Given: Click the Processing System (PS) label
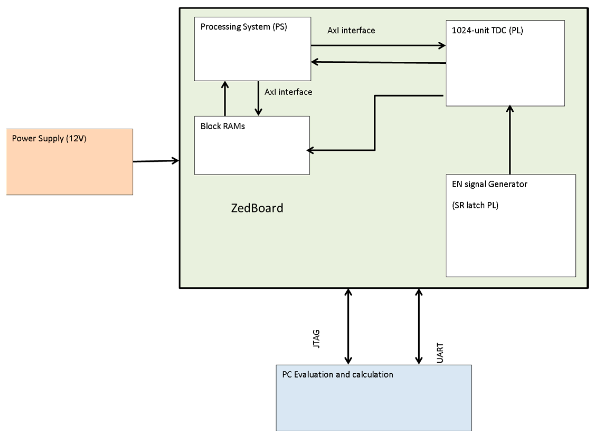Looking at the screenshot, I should [244, 27].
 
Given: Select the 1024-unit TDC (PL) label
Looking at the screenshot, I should [487, 31].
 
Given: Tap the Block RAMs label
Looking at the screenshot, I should [222, 126].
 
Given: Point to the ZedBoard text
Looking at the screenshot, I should [257, 208].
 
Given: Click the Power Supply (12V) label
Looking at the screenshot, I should [49, 138].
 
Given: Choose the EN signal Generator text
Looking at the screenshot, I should [489, 184].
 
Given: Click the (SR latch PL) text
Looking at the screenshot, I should [475, 206].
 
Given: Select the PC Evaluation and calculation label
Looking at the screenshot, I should [337, 375].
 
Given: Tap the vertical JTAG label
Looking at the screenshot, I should [316, 339].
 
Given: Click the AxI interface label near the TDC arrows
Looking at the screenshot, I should [351, 31].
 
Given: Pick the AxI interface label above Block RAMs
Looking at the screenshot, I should [288, 92].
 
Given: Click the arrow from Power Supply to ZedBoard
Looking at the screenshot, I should [156, 161].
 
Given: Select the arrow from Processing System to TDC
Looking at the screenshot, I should [378, 45].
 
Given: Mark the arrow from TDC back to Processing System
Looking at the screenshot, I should [378, 62].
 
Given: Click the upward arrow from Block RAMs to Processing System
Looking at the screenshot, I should [225, 98].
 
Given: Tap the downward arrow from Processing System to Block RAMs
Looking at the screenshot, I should [258, 98].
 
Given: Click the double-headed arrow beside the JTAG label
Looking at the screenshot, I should [348, 327].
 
